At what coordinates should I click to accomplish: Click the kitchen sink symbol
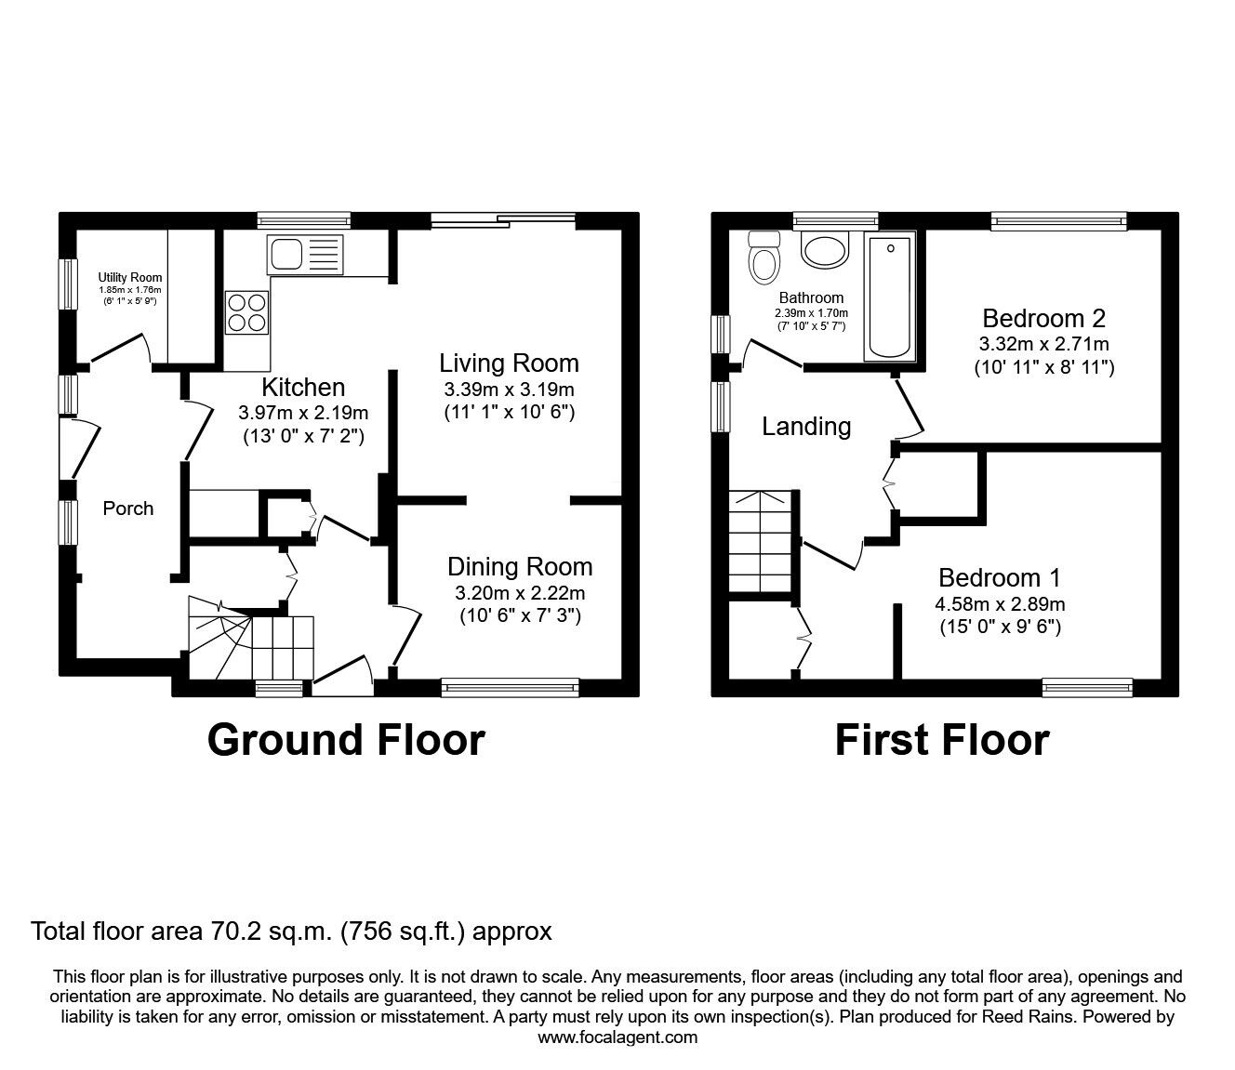click(304, 254)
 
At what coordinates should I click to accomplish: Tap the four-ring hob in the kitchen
click(247, 311)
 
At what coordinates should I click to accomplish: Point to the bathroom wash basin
click(824, 249)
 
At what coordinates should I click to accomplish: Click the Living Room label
click(509, 363)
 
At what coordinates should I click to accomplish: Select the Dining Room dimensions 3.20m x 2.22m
click(520, 593)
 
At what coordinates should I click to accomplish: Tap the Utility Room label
click(130, 277)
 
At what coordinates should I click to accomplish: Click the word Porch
click(128, 509)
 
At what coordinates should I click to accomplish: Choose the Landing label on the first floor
click(806, 427)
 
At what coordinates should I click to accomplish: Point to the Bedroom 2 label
click(1043, 318)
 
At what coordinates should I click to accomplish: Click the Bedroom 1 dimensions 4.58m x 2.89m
click(1000, 604)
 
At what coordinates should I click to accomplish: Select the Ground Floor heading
click(346, 740)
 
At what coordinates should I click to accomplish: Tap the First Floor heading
click(941, 740)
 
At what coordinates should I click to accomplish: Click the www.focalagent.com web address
click(617, 1037)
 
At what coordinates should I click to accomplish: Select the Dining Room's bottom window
click(510, 688)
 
